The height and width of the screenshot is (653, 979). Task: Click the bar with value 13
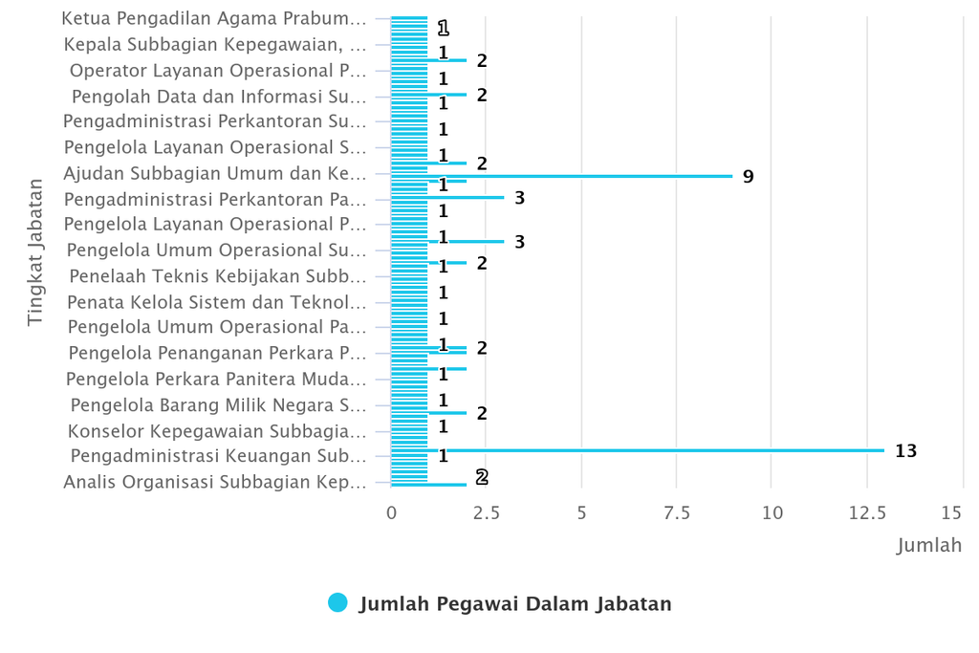pos(660,450)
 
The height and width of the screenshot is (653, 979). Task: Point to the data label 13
pos(905,451)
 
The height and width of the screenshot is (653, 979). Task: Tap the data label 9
pos(748,177)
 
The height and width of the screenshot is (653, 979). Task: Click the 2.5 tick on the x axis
pos(487,513)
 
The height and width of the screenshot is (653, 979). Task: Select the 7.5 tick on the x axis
pos(677,513)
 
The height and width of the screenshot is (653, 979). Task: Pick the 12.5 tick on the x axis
pos(867,513)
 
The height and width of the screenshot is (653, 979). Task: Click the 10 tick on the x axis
pos(772,513)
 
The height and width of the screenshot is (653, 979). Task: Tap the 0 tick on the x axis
pos(392,513)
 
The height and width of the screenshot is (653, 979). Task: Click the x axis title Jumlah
pos(928,546)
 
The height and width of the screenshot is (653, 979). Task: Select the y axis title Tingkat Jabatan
pos(35,251)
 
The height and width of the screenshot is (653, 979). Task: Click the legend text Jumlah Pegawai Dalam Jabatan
pos(515,603)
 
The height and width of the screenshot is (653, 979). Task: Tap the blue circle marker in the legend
pos(337,602)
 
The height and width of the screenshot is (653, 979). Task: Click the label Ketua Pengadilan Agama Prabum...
pos(213,18)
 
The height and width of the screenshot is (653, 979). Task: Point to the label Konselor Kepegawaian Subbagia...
pos(217,430)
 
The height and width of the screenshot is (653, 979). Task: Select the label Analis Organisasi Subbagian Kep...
pos(214,482)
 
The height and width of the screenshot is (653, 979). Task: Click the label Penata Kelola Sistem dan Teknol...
pos(216,302)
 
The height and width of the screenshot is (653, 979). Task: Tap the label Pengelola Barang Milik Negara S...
pos(218,404)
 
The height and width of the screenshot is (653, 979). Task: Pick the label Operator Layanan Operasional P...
pos(218,70)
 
